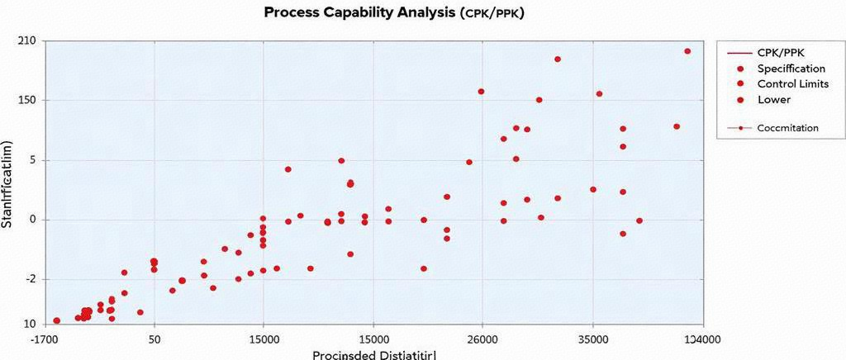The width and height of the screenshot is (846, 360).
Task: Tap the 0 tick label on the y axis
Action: coord(32,220)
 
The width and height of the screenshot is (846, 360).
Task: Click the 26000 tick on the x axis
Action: coord(482,339)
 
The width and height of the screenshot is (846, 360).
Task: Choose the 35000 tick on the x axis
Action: coord(592,339)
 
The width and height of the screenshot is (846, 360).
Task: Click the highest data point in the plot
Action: coord(687,51)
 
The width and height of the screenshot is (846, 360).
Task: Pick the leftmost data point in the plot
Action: coord(56,320)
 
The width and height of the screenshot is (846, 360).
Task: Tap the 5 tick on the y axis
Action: coord(32,160)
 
